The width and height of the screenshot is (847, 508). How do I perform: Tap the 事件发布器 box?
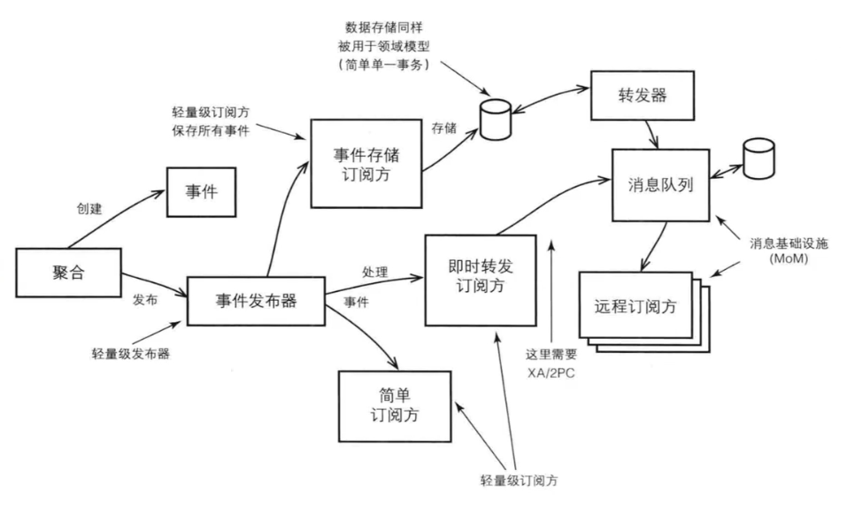[256, 301]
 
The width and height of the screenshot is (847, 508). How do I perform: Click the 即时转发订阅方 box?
[481, 279]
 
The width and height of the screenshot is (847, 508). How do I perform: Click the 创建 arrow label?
[91, 210]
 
